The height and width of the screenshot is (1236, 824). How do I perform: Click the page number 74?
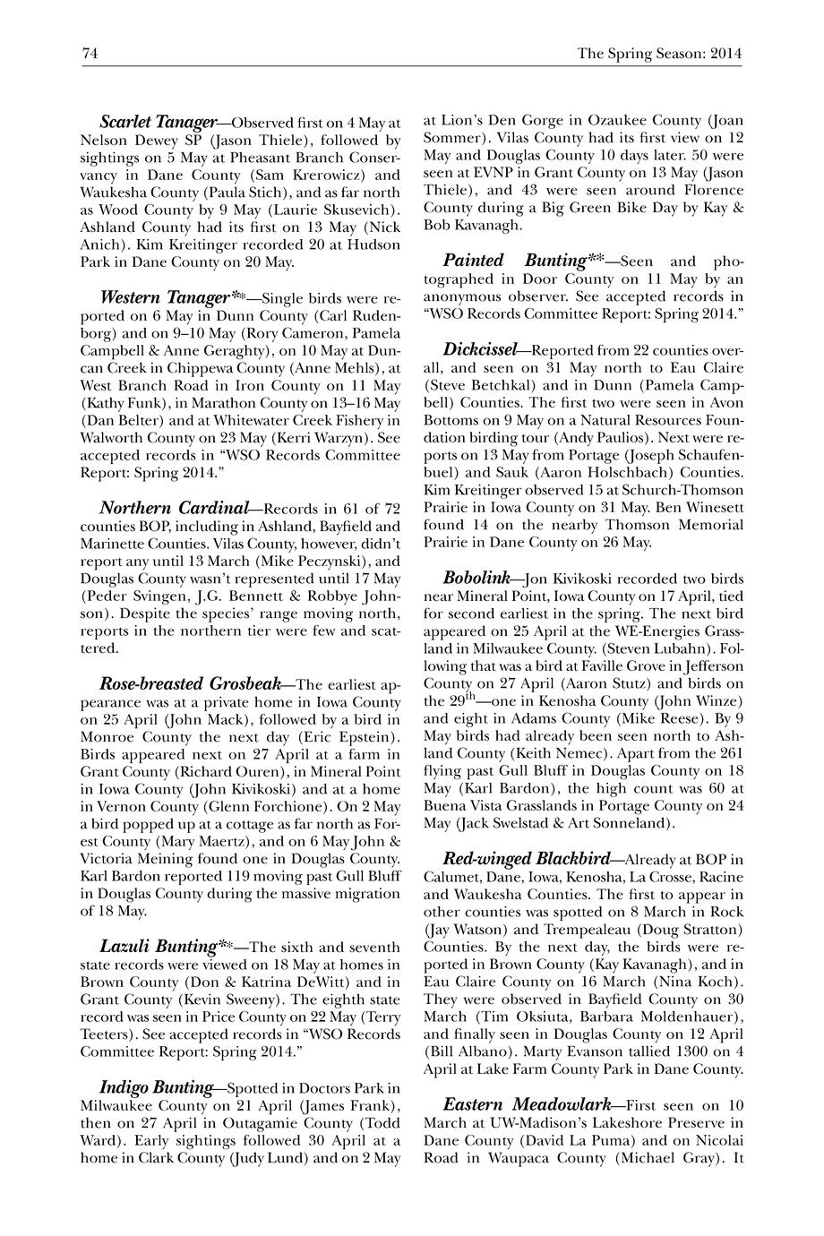coord(90,54)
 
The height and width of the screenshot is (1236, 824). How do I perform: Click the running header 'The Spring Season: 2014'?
coord(659,54)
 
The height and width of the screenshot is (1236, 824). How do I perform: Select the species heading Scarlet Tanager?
coord(158,121)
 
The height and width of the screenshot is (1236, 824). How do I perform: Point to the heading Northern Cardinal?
coord(173,509)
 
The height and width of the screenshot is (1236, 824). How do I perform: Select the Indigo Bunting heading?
coord(156,1087)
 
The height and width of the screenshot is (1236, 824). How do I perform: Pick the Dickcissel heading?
coord(479,348)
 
